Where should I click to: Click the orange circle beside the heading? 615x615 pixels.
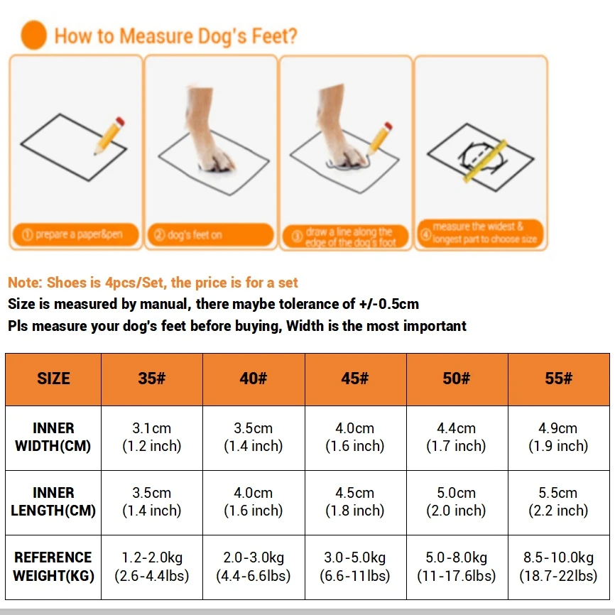33,35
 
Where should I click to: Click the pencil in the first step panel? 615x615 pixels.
109,135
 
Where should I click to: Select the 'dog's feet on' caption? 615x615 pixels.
209,235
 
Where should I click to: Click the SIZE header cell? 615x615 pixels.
53,379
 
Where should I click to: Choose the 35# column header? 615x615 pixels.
151,379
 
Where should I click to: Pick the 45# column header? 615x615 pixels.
355,379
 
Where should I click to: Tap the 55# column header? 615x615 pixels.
559,379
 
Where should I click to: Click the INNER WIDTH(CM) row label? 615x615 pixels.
53,437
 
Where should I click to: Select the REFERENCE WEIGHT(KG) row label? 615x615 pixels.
53,566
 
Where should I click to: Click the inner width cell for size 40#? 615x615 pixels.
253,437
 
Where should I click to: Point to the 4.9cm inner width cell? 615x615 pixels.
559,437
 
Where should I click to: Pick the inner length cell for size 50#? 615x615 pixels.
457,501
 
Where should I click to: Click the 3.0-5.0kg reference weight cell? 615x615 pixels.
355,566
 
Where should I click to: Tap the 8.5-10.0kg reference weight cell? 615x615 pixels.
559,566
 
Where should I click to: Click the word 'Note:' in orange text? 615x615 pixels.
25,283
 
